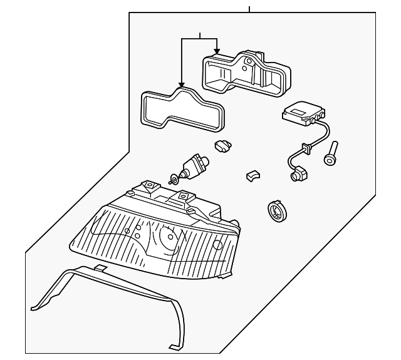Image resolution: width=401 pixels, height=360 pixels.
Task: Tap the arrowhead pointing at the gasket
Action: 180,85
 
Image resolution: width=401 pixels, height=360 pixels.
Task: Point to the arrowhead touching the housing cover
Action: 217,49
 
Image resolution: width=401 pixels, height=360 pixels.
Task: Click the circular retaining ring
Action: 276,211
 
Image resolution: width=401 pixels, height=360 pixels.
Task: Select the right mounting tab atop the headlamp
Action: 183,197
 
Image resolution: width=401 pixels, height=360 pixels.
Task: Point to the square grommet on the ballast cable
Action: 306,149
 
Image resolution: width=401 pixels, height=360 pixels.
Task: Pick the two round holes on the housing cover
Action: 250,63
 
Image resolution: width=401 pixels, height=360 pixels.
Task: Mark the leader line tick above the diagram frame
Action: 249,9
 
